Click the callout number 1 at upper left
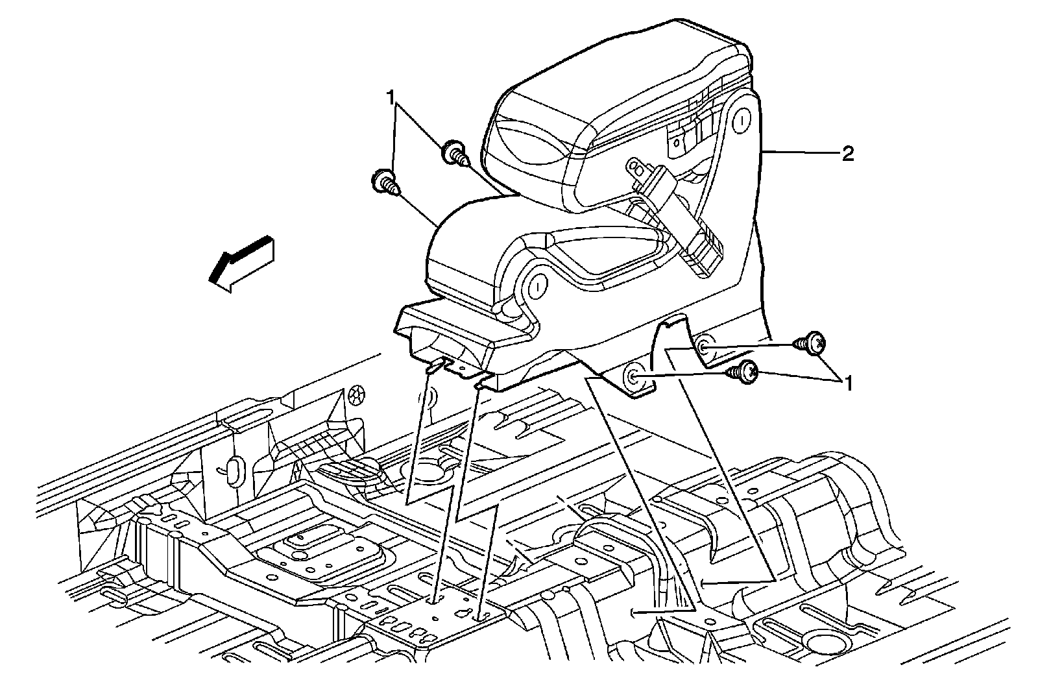point(391,98)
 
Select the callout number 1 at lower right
point(847,384)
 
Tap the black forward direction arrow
point(240,263)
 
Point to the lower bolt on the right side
point(743,371)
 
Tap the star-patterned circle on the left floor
point(354,394)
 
